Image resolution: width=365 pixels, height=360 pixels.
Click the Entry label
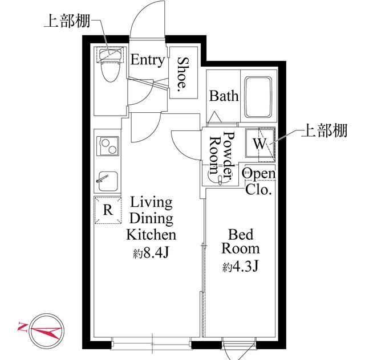click(x=147, y=60)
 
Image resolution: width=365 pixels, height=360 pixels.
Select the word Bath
click(x=224, y=96)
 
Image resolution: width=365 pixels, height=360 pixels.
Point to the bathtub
click(x=258, y=97)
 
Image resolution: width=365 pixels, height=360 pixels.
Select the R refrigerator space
click(x=108, y=210)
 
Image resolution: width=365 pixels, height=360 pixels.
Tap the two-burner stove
click(x=108, y=146)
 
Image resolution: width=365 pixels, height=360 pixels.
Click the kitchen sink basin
click(x=108, y=181)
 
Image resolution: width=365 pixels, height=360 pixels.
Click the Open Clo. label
click(x=258, y=181)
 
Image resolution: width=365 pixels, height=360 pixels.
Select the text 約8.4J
click(x=151, y=253)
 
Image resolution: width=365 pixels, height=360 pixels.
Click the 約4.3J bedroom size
click(x=240, y=267)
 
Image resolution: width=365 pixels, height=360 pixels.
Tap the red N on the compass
click(x=22, y=327)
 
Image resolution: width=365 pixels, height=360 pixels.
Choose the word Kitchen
click(x=151, y=235)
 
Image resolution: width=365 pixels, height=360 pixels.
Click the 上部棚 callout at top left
click(x=67, y=21)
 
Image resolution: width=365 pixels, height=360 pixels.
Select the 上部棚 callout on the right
click(x=324, y=130)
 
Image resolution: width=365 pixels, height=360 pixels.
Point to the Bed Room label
click(x=241, y=242)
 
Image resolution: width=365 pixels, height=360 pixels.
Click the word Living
click(x=151, y=203)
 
